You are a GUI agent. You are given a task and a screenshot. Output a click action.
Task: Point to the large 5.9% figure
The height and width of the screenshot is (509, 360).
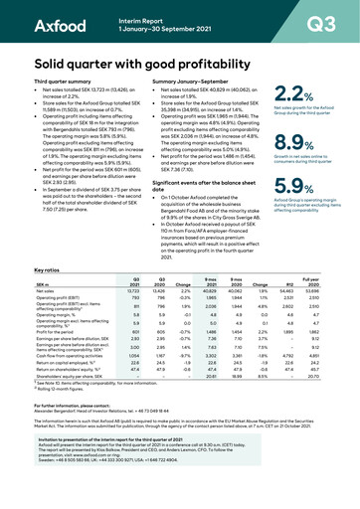point(284,186)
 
